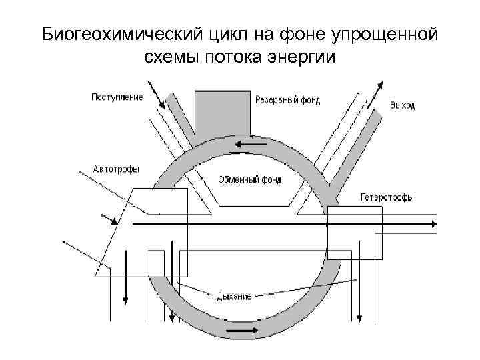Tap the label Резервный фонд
click(x=287, y=101)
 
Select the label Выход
click(x=402, y=105)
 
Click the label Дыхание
click(x=233, y=295)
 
